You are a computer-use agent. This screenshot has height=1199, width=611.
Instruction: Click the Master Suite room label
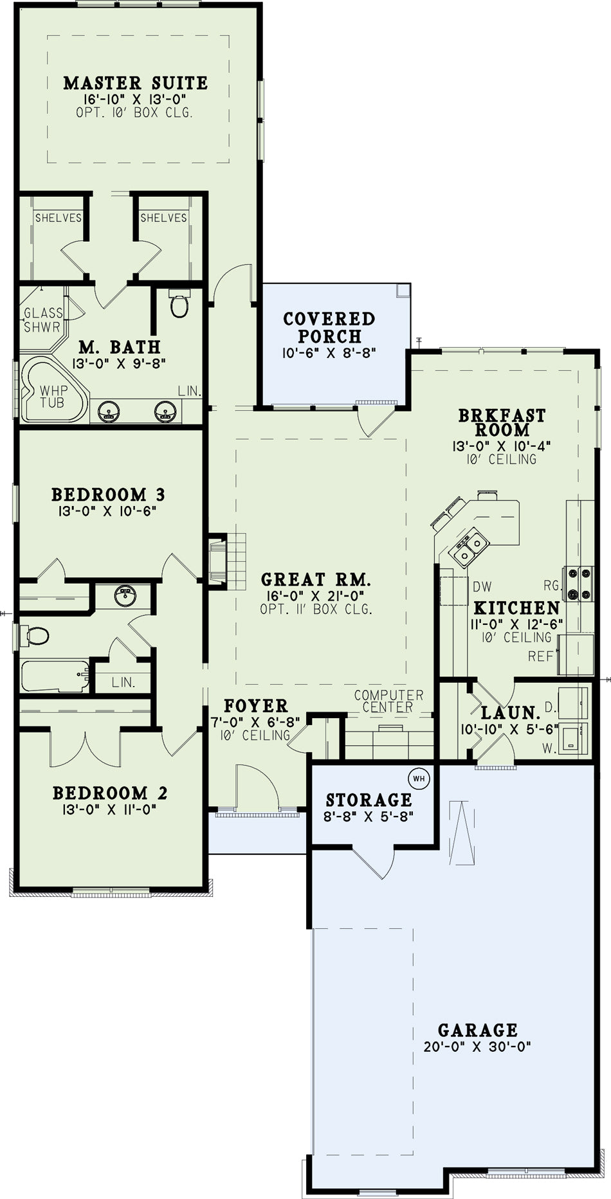click(136, 83)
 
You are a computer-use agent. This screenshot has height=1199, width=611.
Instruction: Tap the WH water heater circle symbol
click(419, 779)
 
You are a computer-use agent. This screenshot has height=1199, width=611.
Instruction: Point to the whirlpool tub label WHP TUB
click(52, 397)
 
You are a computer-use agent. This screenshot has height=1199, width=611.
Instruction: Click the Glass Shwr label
click(43, 320)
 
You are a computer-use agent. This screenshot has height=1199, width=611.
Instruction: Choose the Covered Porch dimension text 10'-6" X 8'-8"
click(328, 353)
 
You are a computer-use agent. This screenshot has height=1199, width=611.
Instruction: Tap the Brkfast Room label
click(502, 422)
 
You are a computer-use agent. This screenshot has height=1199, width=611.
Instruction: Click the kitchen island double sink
click(471, 545)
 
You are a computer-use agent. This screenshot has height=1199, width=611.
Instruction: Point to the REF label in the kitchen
click(540, 656)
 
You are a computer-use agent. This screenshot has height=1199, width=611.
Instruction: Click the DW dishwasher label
click(482, 586)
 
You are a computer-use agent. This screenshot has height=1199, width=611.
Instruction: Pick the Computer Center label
click(388, 701)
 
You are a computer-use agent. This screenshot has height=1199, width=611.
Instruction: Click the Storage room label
click(369, 800)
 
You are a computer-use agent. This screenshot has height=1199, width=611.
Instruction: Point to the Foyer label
click(255, 705)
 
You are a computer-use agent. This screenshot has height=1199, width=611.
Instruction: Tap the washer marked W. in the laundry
click(573, 737)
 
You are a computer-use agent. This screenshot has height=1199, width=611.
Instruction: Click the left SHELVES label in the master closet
click(58, 218)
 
